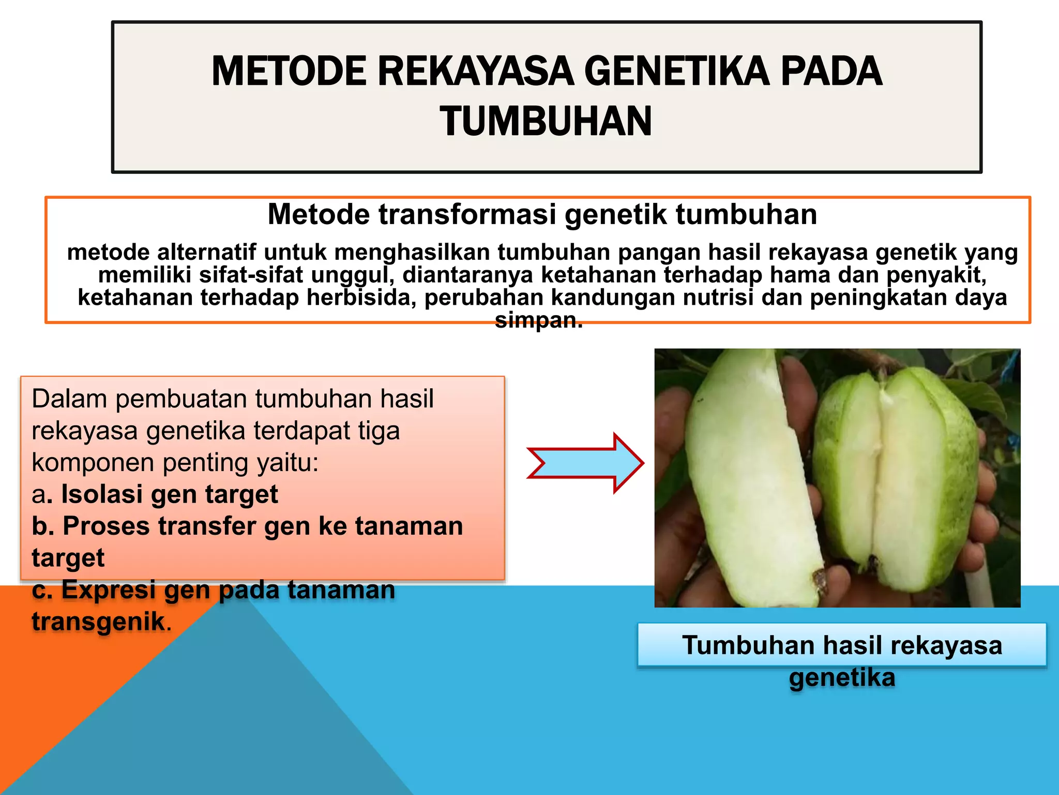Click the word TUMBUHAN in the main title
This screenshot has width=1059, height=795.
pyautogui.click(x=546, y=121)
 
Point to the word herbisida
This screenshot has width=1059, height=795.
pyautogui.click(x=361, y=298)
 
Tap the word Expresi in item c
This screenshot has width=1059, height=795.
pyautogui.click(x=108, y=590)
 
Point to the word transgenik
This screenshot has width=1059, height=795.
pyautogui.click(x=98, y=622)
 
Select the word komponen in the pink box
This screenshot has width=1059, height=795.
pyautogui.click(x=93, y=463)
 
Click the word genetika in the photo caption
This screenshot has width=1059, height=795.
pyautogui.click(x=842, y=678)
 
